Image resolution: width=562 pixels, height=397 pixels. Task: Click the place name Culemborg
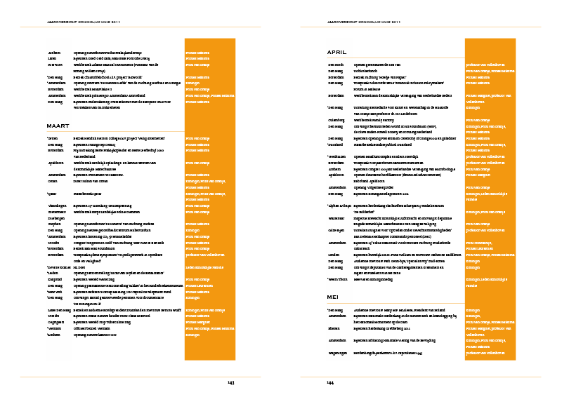[x=336, y=120]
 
